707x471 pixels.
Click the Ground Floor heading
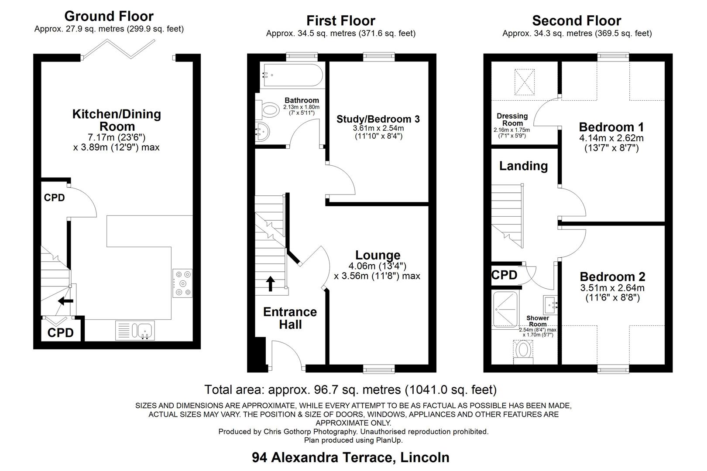click(x=109, y=16)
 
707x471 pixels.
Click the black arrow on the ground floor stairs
click(x=66, y=301)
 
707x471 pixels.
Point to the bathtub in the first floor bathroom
click(x=291, y=76)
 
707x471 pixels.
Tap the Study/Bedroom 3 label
click(x=378, y=119)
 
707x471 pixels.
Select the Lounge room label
click(x=378, y=256)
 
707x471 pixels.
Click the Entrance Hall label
click(x=290, y=318)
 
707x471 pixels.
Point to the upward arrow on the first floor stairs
click(x=271, y=283)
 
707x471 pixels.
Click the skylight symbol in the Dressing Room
click(x=525, y=82)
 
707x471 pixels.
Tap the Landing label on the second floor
click(x=523, y=166)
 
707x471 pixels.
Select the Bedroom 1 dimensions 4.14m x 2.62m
click(x=611, y=138)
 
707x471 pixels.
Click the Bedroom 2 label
click(x=612, y=276)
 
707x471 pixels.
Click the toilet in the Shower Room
click(x=523, y=351)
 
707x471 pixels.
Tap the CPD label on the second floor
click(x=504, y=275)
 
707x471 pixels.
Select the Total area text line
click(x=350, y=389)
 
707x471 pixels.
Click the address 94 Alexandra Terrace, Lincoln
click(x=350, y=457)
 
